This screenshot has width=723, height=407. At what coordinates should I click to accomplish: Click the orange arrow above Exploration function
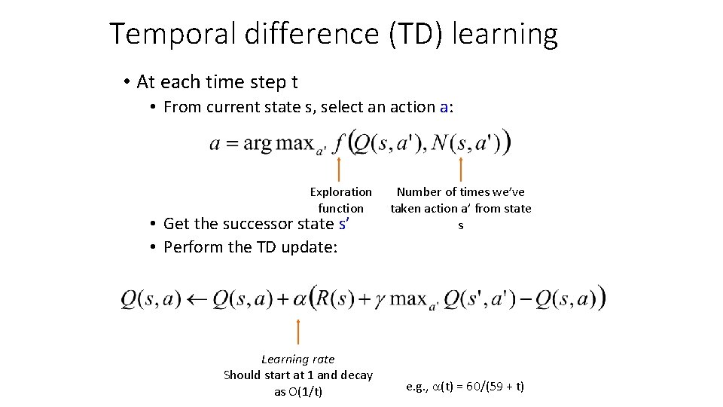[340, 169]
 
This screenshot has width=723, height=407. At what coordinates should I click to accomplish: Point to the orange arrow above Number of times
[460, 169]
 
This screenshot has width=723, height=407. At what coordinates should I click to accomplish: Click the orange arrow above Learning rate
[298, 332]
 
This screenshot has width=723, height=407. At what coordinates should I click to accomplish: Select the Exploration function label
[340, 200]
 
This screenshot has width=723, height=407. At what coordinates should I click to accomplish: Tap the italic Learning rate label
[297, 360]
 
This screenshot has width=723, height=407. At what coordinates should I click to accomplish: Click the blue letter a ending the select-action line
[444, 107]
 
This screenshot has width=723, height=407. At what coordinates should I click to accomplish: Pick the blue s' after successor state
[345, 223]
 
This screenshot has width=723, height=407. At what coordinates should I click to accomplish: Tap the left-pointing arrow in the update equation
[197, 299]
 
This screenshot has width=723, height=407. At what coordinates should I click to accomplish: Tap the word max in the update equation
[408, 299]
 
